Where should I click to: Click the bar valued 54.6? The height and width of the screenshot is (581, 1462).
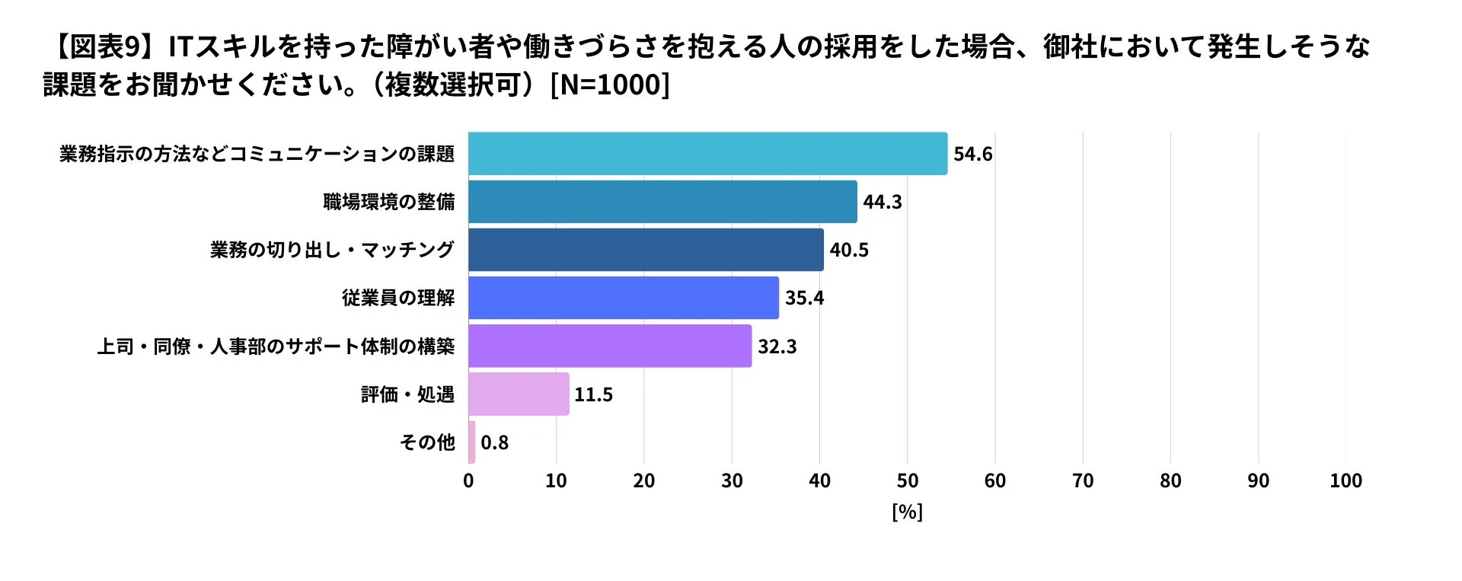(707, 154)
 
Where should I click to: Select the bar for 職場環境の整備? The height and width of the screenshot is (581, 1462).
(662, 202)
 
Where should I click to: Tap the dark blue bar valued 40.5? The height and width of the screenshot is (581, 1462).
(646, 250)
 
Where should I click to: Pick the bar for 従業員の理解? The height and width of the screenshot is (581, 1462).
(624, 298)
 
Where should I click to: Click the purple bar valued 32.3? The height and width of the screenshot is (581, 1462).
(610, 346)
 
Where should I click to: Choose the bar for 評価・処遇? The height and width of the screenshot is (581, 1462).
(519, 394)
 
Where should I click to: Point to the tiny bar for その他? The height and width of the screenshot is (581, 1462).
(472, 442)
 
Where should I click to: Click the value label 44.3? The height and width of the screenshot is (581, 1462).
(882, 202)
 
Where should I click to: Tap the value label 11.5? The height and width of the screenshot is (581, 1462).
(593, 394)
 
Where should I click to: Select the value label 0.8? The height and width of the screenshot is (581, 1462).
(494, 442)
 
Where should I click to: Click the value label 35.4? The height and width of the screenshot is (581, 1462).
(804, 298)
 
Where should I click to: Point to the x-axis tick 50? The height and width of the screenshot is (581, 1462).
(907, 481)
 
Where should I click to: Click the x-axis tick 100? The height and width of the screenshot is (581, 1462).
(1345, 481)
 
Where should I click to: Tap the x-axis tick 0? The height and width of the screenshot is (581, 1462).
(468, 481)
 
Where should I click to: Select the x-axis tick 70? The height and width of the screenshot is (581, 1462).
(1083, 481)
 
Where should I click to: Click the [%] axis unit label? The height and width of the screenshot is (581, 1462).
(907, 512)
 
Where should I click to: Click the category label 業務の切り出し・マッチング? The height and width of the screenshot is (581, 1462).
(332, 250)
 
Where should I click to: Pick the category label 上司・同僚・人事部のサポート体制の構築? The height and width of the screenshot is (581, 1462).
(276, 346)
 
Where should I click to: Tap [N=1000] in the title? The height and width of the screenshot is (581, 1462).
(609, 85)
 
